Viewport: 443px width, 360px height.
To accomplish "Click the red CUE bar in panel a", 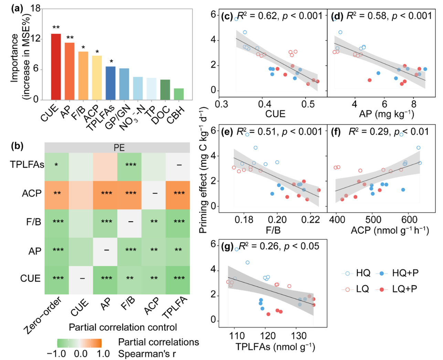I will tap(56, 67).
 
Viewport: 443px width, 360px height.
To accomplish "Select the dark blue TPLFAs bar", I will tap(110, 83).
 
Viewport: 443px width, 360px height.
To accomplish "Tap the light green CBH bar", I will tap(179, 94).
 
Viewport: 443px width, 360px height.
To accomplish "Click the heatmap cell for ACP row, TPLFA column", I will tap(178, 193).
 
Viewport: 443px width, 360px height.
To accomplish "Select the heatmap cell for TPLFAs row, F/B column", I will tap(129, 165).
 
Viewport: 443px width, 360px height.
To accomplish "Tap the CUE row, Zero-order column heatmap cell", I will tap(57, 278).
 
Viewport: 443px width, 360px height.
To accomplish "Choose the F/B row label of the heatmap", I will tap(33, 222).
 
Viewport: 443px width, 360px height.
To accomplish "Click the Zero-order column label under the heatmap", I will tap(43, 315).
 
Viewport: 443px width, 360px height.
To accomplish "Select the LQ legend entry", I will tap(356, 289).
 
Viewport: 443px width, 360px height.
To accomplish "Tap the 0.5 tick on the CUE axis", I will tap(308, 104).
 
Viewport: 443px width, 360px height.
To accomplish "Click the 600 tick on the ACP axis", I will tap(410, 220).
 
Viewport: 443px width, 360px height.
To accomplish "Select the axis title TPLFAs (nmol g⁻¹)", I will tap(275, 347).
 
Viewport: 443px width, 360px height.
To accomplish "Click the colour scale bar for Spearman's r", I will tap(79, 343).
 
